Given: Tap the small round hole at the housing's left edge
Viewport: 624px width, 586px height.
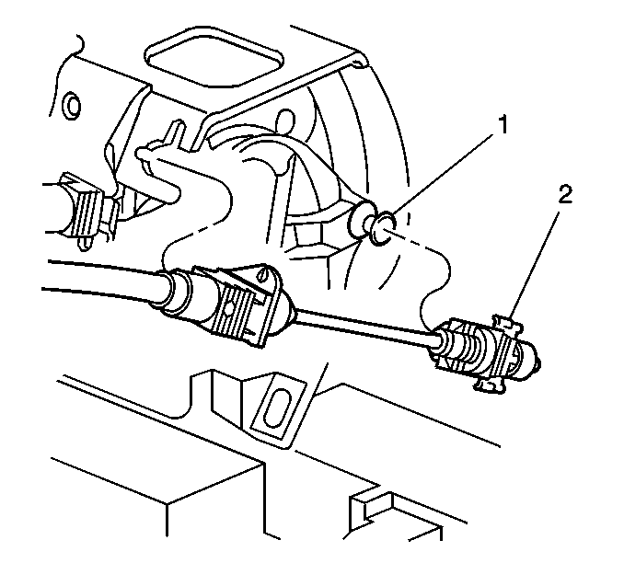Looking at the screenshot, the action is [x=73, y=106].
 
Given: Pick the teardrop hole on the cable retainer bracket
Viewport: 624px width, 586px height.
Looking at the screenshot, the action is [x=262, y=274].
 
